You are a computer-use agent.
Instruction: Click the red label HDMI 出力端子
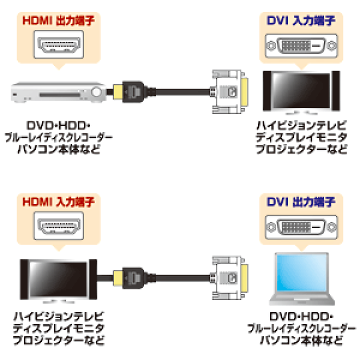(x=58, y=20)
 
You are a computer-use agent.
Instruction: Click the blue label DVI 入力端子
(x=301, y=20)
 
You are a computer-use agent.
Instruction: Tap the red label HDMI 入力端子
(x=58, y=202)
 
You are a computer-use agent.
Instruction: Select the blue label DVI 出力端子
(x=301, y=202)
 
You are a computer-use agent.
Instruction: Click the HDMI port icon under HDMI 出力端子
(x=59, y=44)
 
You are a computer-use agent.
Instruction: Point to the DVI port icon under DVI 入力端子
(x=301, y=45)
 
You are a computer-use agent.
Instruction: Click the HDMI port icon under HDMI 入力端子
(x=59, y=226)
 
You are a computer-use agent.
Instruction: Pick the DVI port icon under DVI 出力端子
(x=301, y=227)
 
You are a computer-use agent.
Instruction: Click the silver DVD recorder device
(x=58, y=92)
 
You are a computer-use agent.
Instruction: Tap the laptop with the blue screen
(x=302, y=278)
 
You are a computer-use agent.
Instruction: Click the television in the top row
(x=301, y=92)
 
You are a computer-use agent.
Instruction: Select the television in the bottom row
(x=59, y=280)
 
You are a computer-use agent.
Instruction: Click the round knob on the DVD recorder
(x=96, y=92)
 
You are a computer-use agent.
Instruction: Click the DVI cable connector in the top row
(x=229, y=92)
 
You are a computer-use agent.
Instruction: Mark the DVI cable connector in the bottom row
(x=229, y=278)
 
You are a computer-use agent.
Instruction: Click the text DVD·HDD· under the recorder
(x=58, y=126)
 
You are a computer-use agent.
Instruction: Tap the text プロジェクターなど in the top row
(x=301, y=149)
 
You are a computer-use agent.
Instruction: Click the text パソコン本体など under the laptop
(x=301, y=340)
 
